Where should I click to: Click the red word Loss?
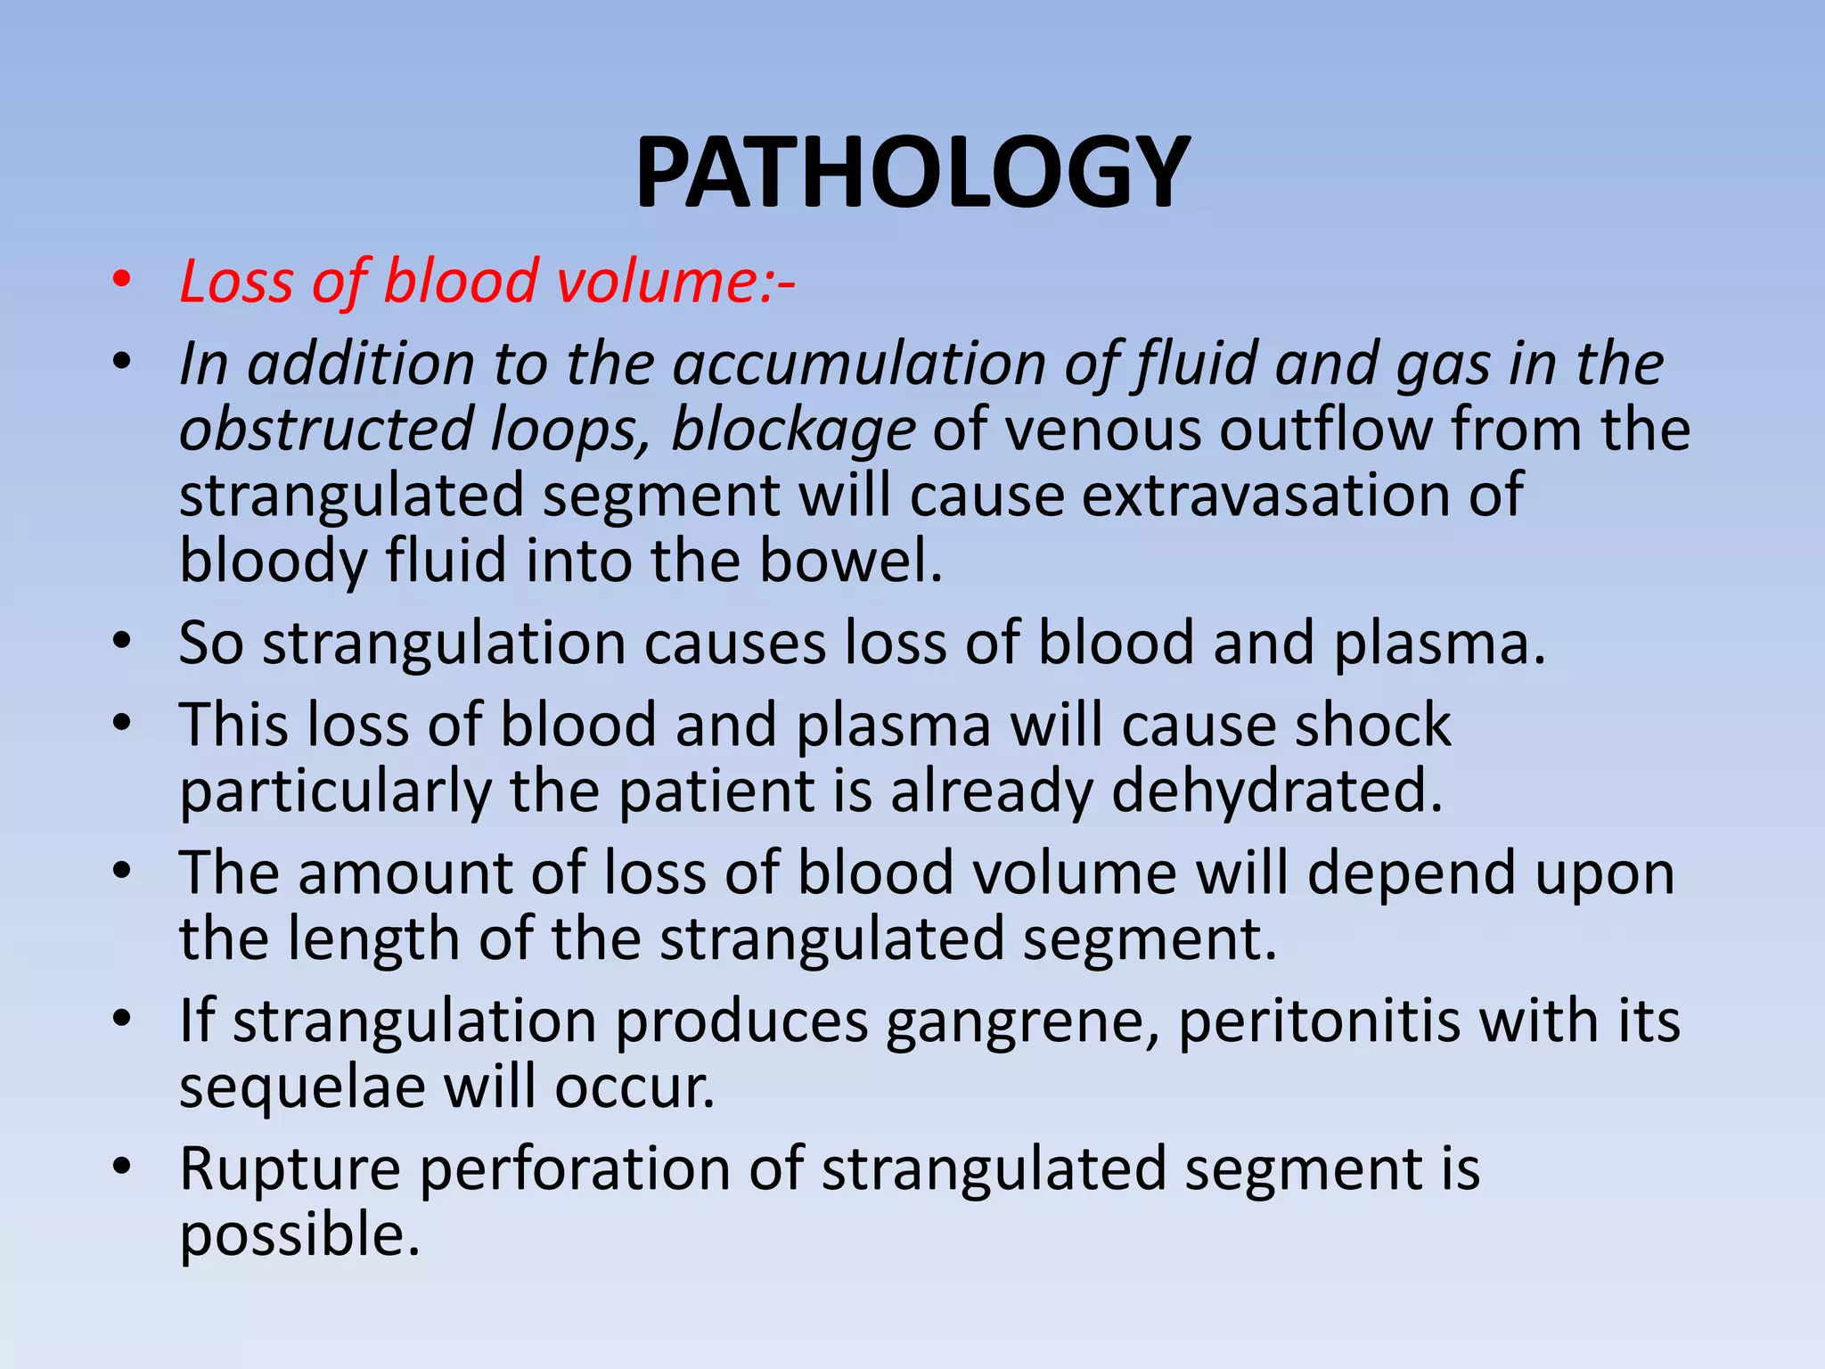coord(236,282)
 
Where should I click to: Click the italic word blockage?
coord(792,430)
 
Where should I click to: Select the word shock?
coord(1372,725)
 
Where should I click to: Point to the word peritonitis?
coord(1320,1021)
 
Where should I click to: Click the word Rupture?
coord(290,1169)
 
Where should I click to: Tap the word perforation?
coord(575,1169)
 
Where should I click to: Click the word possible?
coord(299,1235)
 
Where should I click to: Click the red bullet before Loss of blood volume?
coord(122,282)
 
